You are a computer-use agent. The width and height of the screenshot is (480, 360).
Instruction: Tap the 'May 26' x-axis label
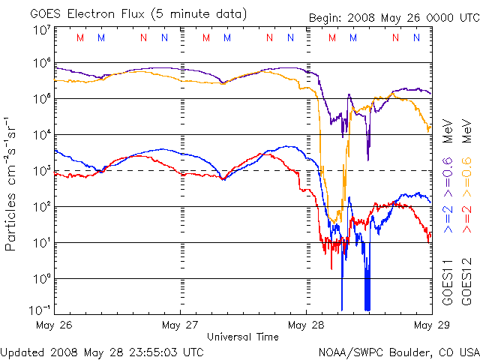pos(54,325)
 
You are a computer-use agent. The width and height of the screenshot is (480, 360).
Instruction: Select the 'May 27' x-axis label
pos(180,325)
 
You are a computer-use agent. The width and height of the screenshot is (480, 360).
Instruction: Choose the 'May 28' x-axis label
pos(306,325)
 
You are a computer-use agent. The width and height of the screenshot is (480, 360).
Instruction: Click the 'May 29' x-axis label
pos(427,325)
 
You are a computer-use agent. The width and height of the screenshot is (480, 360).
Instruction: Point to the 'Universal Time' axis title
pos(243,337)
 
